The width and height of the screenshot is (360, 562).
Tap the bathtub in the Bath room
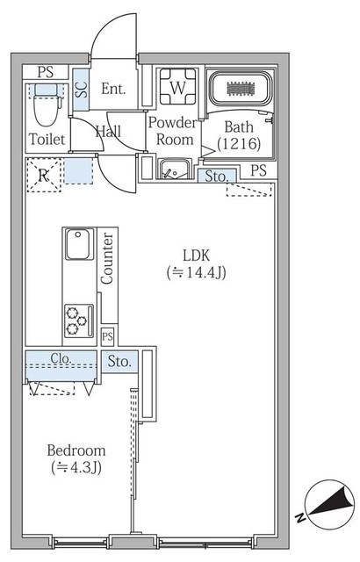(x=241, y=90)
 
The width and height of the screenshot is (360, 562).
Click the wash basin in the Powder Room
(x=175, y=169)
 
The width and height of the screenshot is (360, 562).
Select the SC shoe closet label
(x=81, y=90)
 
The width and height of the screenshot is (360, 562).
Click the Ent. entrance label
(x=114, y=89)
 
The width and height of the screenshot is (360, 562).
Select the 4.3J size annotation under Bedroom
(x=76, y=467)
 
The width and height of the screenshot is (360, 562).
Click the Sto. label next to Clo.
(x=120, y=360)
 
